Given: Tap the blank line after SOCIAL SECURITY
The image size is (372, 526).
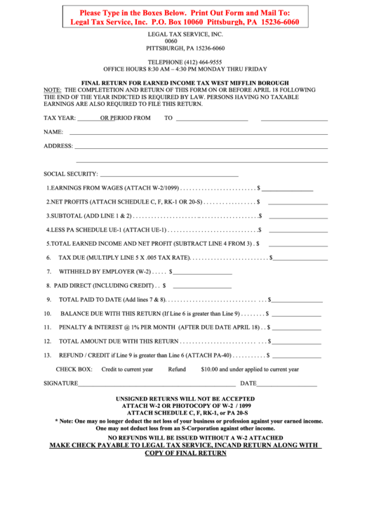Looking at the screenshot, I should (169, 174).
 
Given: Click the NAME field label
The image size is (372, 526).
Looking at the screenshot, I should (53, 132).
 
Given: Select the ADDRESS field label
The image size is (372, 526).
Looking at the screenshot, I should (58, 146).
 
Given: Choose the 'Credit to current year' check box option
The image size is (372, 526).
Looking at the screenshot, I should (127, 369).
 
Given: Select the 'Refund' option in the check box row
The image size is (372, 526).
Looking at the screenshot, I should (177, 369).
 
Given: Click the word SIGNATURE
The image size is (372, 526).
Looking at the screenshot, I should (60, 383).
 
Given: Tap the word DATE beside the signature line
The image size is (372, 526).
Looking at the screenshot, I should (248, 383).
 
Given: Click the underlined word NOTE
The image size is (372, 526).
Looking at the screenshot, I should (53, 91).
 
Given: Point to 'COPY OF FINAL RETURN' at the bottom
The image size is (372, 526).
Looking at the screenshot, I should (185, 453).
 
